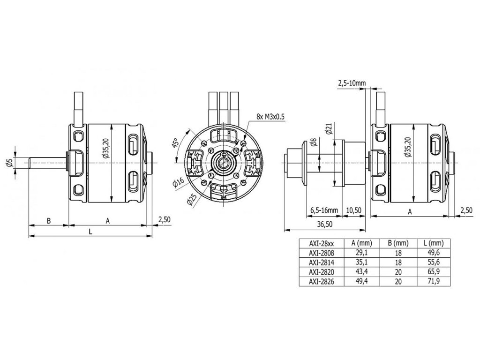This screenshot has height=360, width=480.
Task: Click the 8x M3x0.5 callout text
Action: tap(270, 117)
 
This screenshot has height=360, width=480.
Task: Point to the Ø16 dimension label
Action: tap(178, 182)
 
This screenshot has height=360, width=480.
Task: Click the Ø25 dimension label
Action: tap(191, 200)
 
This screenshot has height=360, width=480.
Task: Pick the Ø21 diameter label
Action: tap(329, 128)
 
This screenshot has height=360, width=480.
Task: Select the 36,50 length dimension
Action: tap(325, 224)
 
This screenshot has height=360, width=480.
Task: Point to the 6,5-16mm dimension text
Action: tap(324, 210)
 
